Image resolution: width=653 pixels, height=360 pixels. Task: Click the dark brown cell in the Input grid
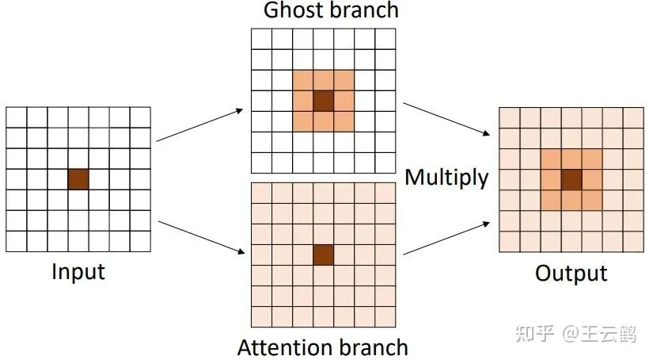click(x=78, y=178)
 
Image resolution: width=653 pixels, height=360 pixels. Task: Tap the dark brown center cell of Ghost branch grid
click(x=323, y=101)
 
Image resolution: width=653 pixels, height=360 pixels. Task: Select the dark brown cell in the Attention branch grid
click(x=323, y=255)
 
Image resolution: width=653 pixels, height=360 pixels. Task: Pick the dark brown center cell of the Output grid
click(x=571, y=178)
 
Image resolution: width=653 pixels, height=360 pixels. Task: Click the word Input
click(x=78, y=272)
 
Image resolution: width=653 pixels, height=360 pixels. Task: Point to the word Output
click(x=571, y=274)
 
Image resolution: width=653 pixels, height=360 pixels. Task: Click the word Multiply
click(x=446, y=178)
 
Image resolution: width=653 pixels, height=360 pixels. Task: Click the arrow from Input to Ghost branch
click(x=199, y=125)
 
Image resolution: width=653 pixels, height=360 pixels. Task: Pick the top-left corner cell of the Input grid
click(x=16, y=117)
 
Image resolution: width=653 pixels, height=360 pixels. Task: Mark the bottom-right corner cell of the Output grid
click(x=633, y=241)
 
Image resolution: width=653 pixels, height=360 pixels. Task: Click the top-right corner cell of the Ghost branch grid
click(x=385, y=39)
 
